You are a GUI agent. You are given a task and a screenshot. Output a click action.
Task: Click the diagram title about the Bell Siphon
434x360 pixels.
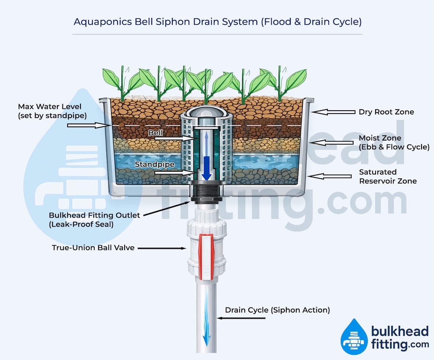(x=218, y=21)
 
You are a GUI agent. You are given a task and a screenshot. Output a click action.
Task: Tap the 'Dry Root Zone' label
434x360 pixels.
(x=386, y=112)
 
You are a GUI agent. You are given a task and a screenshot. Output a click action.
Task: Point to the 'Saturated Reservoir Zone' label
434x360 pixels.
(x=388, y=177)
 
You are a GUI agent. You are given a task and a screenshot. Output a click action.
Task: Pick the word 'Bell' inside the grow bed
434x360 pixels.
(x=155, y=132)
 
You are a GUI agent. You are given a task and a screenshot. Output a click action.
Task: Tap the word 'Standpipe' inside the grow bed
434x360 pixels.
(x=154, y=164)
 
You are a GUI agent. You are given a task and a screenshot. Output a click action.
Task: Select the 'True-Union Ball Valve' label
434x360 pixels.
(x=93, y=248)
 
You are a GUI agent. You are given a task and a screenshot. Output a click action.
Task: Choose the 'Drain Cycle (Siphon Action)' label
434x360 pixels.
(x=277, y=310)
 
